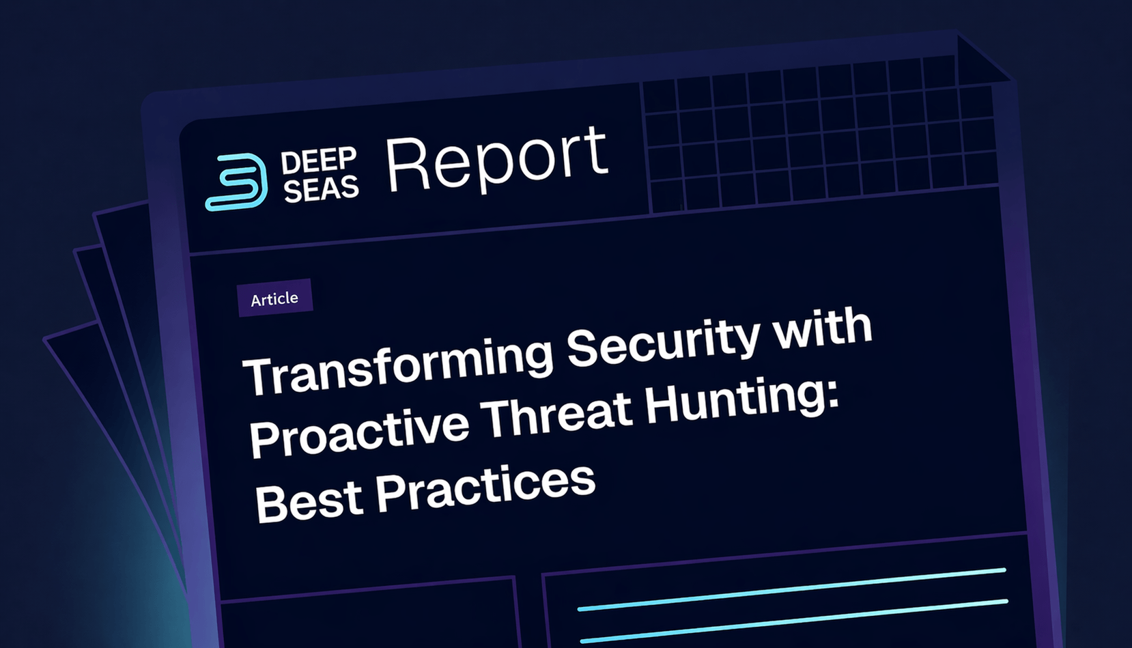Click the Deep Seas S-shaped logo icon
point(236,182)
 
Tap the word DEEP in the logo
point(318,162)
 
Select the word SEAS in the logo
point(321,189)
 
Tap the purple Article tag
point(274,298)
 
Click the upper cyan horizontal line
point(792,588)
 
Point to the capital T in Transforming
point(257,376)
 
